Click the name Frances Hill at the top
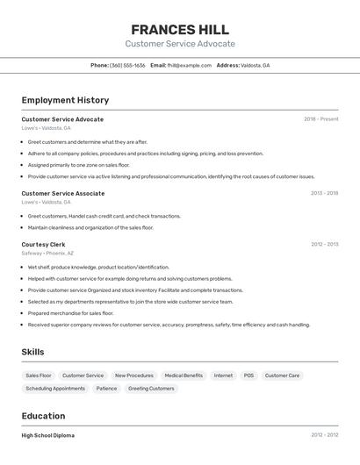180,30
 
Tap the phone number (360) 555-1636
127,66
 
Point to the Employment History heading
65,100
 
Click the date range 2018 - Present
320,119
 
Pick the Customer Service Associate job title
63,193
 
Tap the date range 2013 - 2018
324,193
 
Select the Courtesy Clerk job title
43,244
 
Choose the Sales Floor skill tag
39,376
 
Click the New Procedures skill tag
133,376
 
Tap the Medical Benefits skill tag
184,376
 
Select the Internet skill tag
223,376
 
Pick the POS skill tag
248,376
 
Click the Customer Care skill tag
282,376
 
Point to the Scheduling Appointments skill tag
55,389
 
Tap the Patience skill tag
106,389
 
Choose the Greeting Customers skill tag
151,389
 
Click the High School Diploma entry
47,435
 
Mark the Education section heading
43,416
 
